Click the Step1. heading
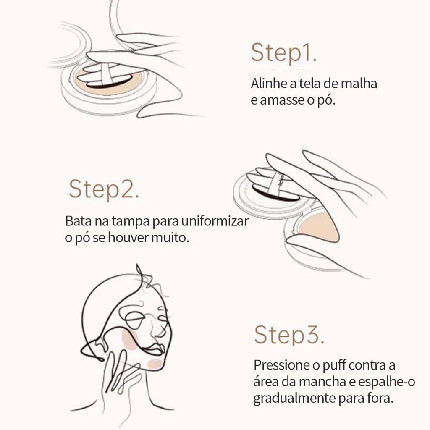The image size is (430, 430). click(x=284, y=52)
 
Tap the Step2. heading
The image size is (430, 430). click(x=104, y=189)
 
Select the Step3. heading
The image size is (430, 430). click(x=289, y=335)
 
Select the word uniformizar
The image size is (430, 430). click(x=215, y=221)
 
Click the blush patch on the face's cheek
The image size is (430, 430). click(x=130, y=339)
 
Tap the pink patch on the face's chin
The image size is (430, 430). click(x=155, y=364)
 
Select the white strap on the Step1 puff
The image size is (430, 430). click(x=106, y=74)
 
